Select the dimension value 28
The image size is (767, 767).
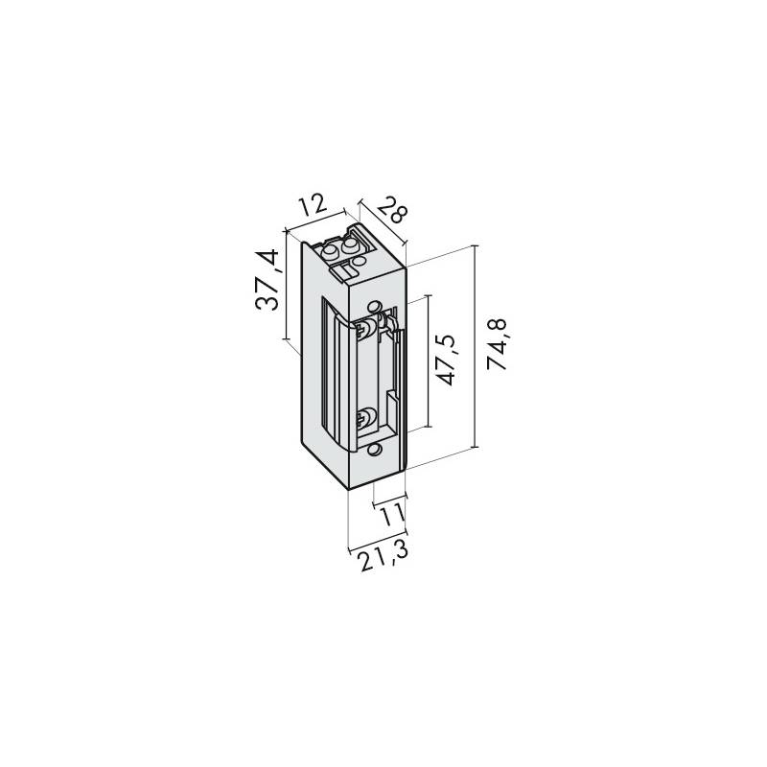click(x=392, y=206)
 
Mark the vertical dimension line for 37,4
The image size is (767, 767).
click(x=288, y=285)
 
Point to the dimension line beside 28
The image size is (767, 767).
click(x=383, y=221)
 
